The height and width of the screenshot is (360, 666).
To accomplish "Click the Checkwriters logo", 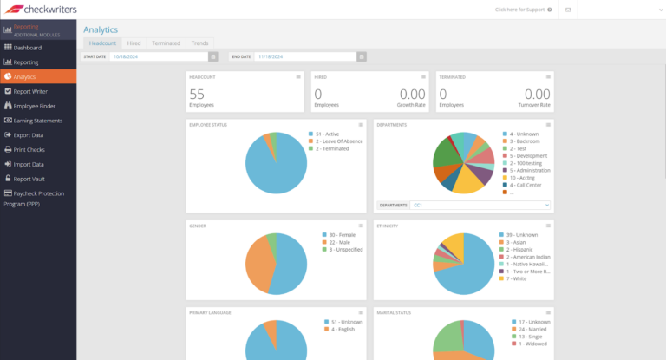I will tap(42, 10).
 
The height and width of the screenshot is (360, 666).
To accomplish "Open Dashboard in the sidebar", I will tap(27, 48).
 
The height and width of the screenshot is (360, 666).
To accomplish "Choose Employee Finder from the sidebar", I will tap(35, 106).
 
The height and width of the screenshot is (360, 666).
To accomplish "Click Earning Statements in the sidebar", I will tap(38, 121).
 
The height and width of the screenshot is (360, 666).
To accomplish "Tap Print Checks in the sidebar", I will tap(29, 150).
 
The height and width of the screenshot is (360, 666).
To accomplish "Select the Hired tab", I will tap(134, 43).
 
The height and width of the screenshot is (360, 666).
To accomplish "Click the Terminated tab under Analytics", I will tap(166, 43).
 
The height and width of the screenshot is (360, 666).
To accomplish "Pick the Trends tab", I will tap(199, 43).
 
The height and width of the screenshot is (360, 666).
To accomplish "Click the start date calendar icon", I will tap(213, 56).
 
